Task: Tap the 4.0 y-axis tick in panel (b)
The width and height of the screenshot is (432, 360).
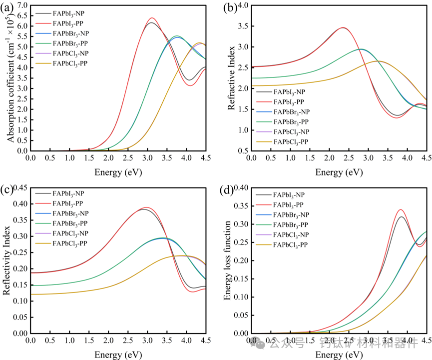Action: click(242, 5)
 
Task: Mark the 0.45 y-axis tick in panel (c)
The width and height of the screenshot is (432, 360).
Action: click(19, 187)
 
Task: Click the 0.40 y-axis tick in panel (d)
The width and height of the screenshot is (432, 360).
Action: click(241, 187)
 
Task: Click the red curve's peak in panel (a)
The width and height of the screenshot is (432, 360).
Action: click(152, 18)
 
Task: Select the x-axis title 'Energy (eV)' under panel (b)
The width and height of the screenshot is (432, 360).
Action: click(339, 172)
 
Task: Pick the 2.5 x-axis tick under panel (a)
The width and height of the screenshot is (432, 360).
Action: click(128, 158)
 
